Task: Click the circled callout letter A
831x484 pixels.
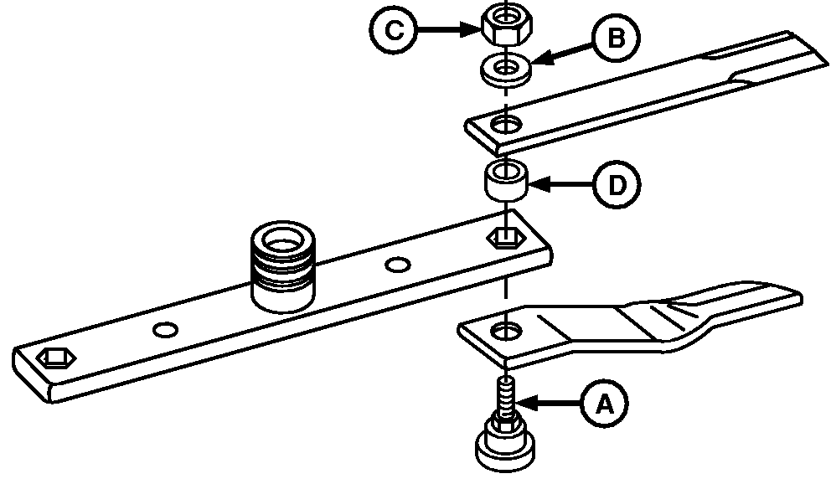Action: tap(603, 405)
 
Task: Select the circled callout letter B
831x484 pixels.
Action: tap(616, 40)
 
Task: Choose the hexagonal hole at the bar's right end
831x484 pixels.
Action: tap(503, 239)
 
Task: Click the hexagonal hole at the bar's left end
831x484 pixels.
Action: tap(56, 358)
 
